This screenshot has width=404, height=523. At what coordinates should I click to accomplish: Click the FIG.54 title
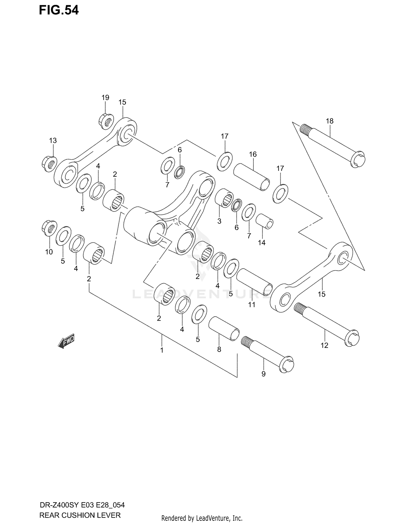pos(59,10)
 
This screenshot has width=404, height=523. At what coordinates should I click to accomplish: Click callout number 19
pos(105,98)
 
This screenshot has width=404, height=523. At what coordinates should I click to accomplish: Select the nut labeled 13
pos(50,163)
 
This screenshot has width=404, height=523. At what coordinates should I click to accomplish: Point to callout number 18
pos(330,121)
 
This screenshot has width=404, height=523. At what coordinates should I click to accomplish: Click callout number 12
pos(324,345)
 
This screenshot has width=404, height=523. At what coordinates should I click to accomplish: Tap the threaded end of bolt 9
pos(246,342)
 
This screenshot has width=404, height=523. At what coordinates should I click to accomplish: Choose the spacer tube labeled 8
pos(224,328)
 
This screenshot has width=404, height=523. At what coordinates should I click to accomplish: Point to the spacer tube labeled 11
pos(255,282)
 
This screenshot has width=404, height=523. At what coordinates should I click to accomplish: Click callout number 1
pos(162,350)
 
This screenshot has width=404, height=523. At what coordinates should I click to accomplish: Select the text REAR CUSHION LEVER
pos(80,515)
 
